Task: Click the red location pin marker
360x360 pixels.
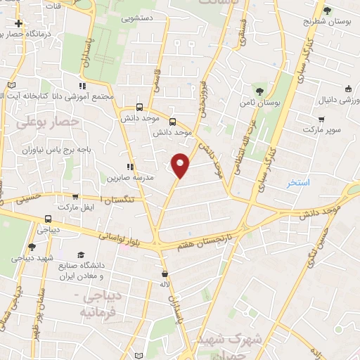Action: click(x=181, y=165)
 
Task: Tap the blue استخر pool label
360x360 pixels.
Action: click(x=298, y=183)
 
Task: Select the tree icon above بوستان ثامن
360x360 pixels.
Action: click(x=259, y=91)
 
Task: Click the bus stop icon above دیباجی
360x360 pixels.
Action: click(x=48, y=219)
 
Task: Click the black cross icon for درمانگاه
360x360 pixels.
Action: click(x=19, y=24)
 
